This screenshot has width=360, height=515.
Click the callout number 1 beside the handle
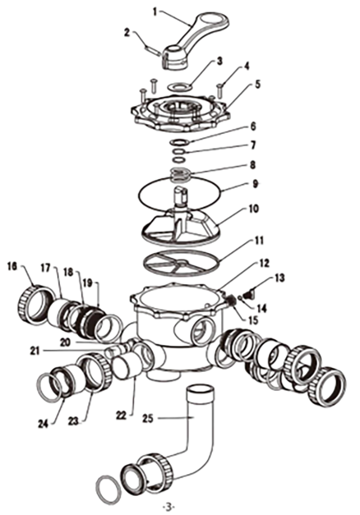click(155, 13)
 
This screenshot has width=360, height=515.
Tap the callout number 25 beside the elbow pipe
click(149, 418)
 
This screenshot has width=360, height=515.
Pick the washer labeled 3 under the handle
click(179, 87)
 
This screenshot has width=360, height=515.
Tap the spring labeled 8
click(180, 174)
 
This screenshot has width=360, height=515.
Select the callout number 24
click(43, 424)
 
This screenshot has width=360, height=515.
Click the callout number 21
click(35, 351)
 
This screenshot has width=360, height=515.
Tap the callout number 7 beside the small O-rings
click(253, 145)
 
